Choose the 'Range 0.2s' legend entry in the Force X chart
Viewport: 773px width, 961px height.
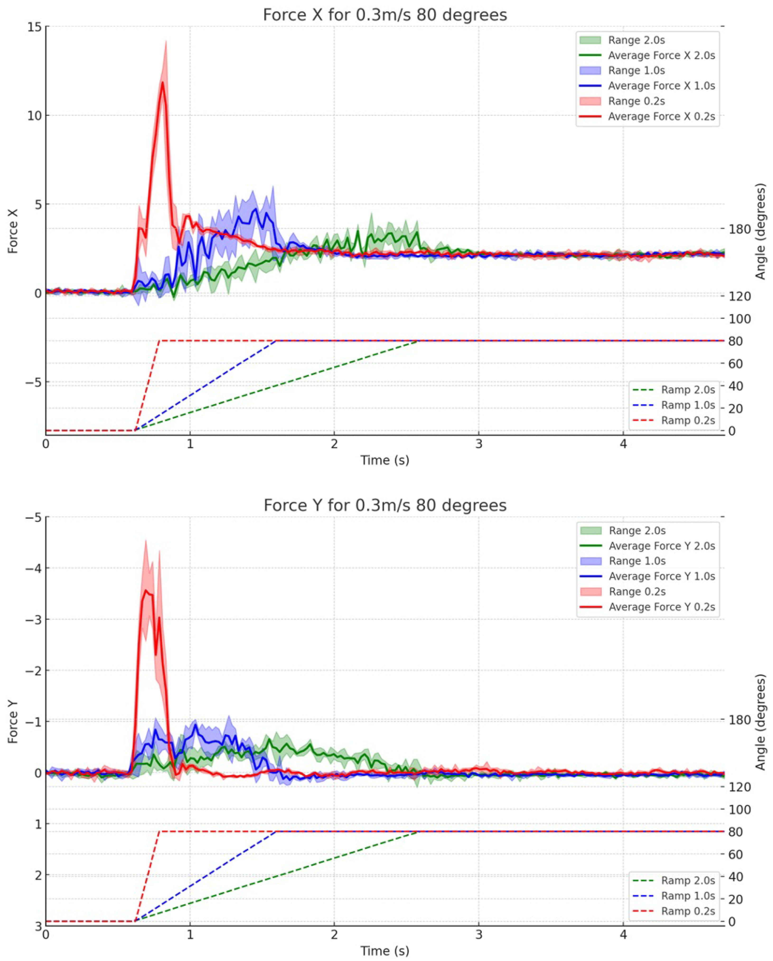pyautogui.click(x=636, y=101)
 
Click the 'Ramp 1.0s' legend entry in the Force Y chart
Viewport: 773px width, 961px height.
pyautogui.click(x=688, y=896)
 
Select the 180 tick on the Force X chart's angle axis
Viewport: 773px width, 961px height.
pyautogui.click(x=739, y=229)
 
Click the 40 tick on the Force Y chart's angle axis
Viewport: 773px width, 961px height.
pyautogui.click(x=736, y=877)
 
